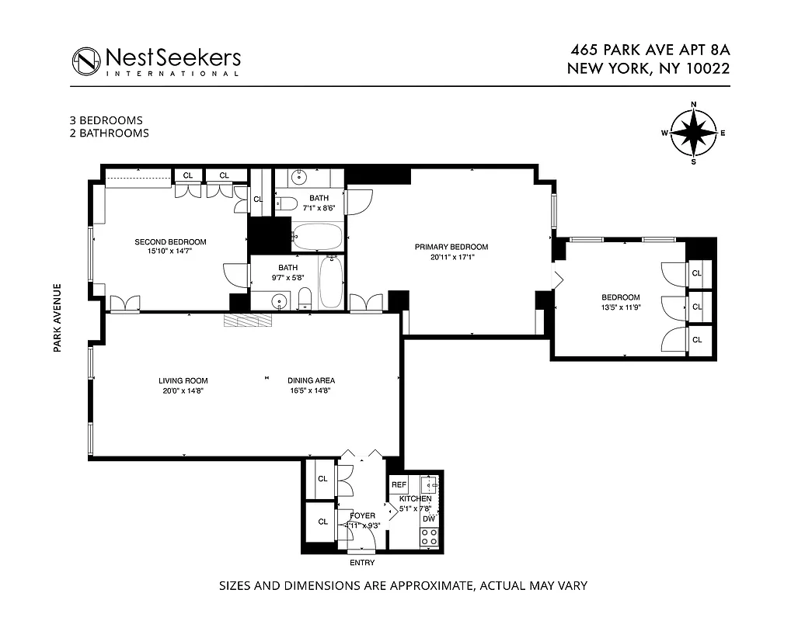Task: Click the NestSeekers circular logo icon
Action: point(86,61)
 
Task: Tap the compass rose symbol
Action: point(693,133)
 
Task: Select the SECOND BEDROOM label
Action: point(170,241)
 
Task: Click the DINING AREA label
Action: point(311,380)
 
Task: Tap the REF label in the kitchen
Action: point(399,484)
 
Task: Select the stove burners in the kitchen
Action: point(428,536)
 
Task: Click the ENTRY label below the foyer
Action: point(362,563)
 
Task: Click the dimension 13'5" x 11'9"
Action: point(620,307)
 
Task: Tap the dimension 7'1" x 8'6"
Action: point(319,208)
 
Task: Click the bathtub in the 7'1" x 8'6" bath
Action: point(317,237)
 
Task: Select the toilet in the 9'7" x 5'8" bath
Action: point(305,297)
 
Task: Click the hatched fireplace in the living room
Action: point(249,322)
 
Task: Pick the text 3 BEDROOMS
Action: point(106,120)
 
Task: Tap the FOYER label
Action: point(362,515)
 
